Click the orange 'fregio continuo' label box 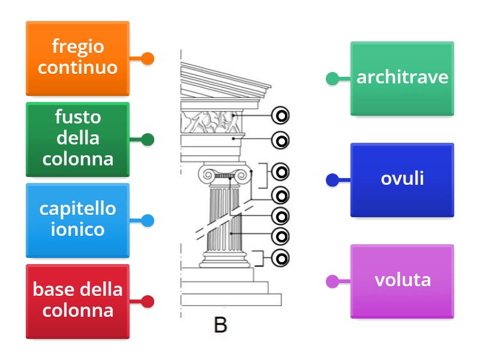[77, 58]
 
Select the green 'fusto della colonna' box [77, 139]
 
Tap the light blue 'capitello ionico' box [77, 220]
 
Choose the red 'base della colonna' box [77, 301]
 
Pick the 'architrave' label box [402, 78]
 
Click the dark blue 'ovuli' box [402, 179]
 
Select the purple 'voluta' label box [402, 281]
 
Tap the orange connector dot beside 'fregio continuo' [148, 59]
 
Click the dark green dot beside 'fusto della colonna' [148, 140]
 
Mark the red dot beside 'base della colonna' [148, 302]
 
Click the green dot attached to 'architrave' [332, 79]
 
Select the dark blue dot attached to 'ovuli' [332, 180]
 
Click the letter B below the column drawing [220, 325]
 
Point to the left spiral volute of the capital [209, 176]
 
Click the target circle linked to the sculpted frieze [280, 115]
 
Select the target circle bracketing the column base [280, 258]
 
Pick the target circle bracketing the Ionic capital [280, 172]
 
